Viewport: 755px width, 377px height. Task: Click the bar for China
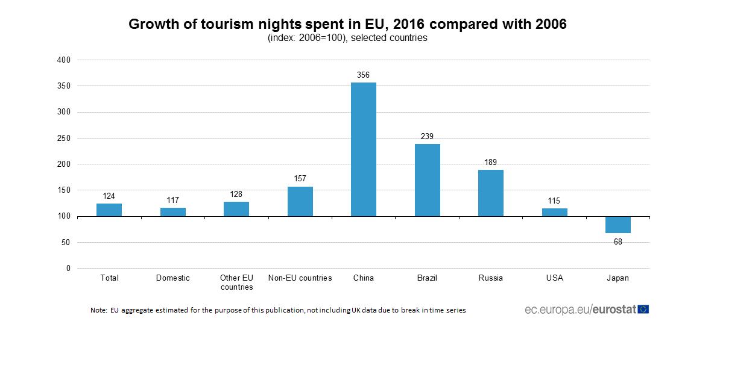coord(364,149)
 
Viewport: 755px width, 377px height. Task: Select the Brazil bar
coord(427,180)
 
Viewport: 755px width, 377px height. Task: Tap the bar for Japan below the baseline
coord(618,225)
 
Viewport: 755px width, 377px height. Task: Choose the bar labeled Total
coord(109,210)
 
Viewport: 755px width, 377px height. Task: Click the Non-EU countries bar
coord(300,201)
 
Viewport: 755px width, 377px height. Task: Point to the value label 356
coord(364,75)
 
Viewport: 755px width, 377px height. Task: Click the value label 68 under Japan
coord(618,241)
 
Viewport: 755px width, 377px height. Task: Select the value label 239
coord(427,137)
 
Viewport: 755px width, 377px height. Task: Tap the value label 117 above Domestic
coord(173,200)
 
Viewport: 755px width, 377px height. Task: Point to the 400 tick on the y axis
coord(65,60)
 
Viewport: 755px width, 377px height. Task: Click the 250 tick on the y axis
coord(65,138)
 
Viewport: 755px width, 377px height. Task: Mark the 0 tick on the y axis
coord(68,269)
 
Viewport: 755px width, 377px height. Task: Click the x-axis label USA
coord(554,278)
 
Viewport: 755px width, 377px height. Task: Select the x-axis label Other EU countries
coord(236,282)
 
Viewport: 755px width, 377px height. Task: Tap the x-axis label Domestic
coord(173,278)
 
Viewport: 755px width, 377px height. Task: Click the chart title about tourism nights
coord(347,25)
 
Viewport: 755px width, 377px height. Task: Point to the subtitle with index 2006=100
coord(347,38)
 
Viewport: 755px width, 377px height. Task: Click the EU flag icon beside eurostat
coord(643,310)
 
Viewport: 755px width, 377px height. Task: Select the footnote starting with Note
coord(278,311)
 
